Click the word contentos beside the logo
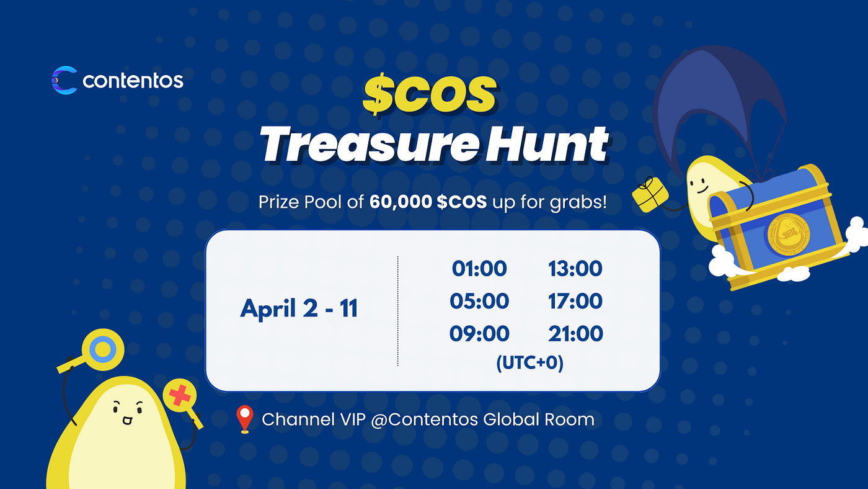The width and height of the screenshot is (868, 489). pos(133,81)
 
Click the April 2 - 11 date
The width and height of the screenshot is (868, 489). pos(299,308)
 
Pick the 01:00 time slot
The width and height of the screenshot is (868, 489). pos(479,269)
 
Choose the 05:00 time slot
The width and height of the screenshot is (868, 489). pos(479,302)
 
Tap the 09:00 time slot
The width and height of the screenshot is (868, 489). pos(479,334)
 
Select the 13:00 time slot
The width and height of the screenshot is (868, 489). pos(575,269)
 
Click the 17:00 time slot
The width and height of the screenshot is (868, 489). pos(575,302)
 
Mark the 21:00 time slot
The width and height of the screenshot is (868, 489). pos(575,334)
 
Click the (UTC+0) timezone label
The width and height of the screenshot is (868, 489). pos(529,363)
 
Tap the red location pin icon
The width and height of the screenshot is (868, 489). pos(246,419)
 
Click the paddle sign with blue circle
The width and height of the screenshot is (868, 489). pos(101,349)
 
